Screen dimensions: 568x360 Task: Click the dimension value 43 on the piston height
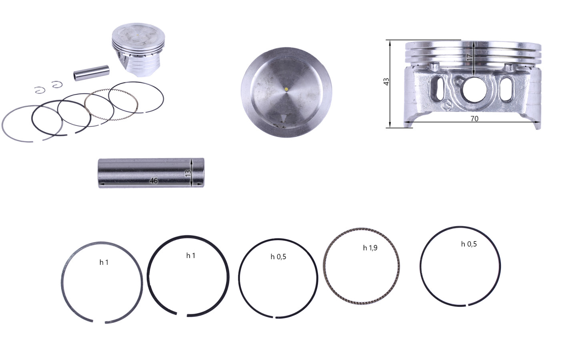click(386, 82)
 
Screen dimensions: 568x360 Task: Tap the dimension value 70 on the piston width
click(474, 119)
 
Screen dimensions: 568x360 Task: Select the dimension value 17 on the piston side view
click(470, 57)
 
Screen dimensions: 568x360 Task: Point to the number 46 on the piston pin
click(154, 180)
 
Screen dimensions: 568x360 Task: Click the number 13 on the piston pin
click(188, 174)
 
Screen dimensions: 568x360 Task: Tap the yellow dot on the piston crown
click(286, 89)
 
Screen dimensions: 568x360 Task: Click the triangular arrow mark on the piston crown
click(283, 119)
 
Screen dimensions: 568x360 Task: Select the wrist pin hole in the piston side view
click(474, 90)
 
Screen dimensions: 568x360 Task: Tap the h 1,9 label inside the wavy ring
click(370, 248)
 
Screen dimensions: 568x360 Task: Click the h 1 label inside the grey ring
click(104, 262)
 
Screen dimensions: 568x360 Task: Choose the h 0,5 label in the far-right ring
click(469, 244)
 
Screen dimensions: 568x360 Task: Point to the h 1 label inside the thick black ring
click(191, 256)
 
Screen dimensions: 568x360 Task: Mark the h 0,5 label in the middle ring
click(278, 257)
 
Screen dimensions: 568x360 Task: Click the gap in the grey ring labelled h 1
click(99, 322)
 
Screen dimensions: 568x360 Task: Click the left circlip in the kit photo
click(40, 90)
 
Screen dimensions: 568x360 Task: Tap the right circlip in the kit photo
click(57, 84)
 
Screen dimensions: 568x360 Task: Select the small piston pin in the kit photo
click(92, 73)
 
